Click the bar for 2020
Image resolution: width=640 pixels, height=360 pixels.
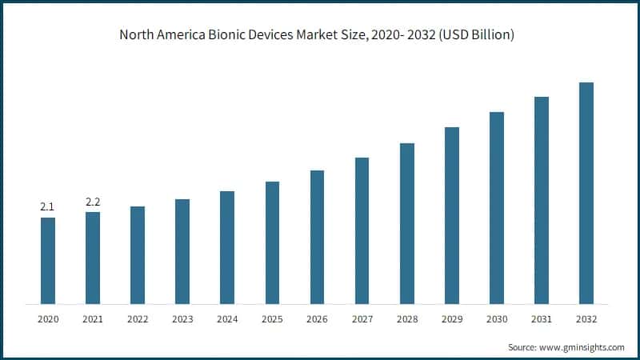coord(48,261)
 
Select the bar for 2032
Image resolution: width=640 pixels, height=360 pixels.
coord(586,193)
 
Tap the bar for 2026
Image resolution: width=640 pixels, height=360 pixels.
coord(317,237)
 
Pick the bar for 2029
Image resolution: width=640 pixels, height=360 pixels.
coord(452,215)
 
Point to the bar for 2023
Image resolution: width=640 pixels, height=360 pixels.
coord(182,251)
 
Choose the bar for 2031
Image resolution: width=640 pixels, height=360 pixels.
coord(542,200)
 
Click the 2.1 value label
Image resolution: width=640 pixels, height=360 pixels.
coord(47,207)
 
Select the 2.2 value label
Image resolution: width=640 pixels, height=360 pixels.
coord(93,202)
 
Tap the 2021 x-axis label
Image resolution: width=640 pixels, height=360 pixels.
coord(93,318)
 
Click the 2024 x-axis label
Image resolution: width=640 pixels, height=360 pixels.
coord(227,318)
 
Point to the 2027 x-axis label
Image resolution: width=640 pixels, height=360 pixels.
coord(362,318)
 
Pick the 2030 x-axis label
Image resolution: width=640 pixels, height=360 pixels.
coord(497,318)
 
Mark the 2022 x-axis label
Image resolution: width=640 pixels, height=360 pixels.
coord(138,318)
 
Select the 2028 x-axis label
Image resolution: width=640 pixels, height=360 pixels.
coord(407,318)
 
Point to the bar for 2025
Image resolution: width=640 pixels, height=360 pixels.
coord(272,242)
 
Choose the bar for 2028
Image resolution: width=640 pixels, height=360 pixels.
coord(407,223)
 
